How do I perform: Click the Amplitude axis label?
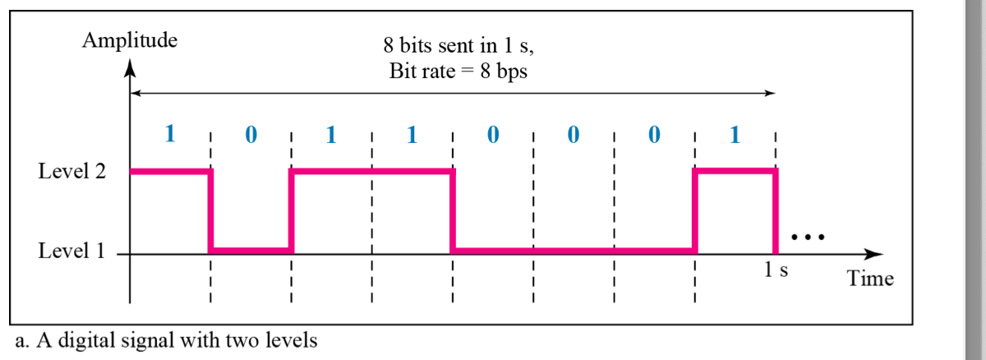point(130,39)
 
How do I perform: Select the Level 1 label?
point(72,251)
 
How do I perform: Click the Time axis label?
point(870,279)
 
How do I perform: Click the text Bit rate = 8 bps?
point(458,71)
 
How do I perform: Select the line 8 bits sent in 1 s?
point(458,48)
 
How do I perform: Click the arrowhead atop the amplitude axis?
point(129,69)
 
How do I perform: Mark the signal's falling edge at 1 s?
point(776,211)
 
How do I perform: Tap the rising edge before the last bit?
point(695,211)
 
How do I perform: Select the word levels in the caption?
point(291,339)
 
